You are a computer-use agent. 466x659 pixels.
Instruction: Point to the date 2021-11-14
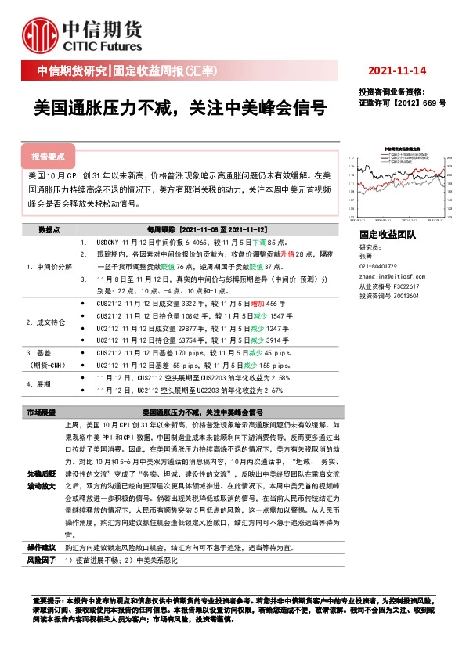(x=408, y=70)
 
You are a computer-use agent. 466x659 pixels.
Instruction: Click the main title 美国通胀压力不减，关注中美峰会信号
(x=179, y=108)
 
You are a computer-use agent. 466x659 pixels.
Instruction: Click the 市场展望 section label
(x=42, y=412)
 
